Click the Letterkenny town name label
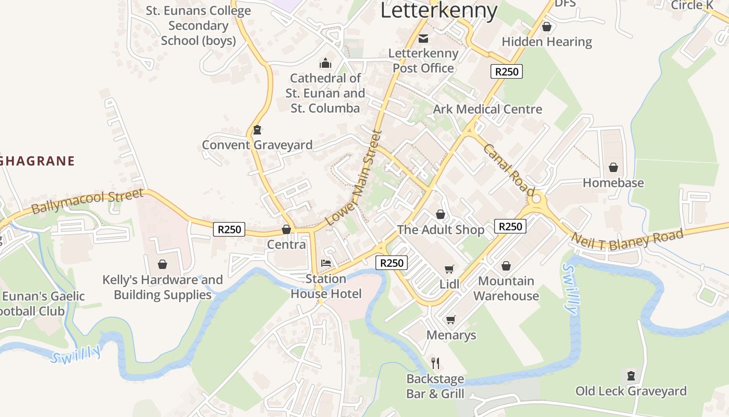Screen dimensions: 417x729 click(x=438, y=10)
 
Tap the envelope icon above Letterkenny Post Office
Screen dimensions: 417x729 click(x=423, y=38)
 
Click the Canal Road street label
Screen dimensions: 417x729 click(x=509, y=169)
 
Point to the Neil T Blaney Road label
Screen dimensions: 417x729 click(x=627, y=239)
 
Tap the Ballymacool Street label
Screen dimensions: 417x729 click(x=87, y=202)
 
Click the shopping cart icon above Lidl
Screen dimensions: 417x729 click(x=449, y=269)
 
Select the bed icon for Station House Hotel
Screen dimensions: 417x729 click(x=326, y=263)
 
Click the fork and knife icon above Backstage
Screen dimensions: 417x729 click(x=435, y=363)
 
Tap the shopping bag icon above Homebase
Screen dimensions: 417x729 click(x=613, y=167)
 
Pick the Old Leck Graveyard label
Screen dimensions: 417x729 click(x=631, y=391)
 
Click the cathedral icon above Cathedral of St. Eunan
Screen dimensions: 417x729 click(x=325, y=64)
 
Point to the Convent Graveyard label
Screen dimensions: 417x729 click(x=257, y=145)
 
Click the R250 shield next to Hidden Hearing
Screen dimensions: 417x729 click(x=506, y=71)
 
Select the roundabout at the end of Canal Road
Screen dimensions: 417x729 click(x=537, y=199)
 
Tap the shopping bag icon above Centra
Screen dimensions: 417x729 click(x=286, y=229)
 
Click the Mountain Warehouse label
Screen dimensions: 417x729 click(x=506, y=288)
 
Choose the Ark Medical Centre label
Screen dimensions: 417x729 click(x=487, y=109)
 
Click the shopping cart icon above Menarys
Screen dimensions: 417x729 click(x=450, y=319)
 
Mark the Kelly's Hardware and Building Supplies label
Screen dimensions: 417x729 click(x=162, y=287)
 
